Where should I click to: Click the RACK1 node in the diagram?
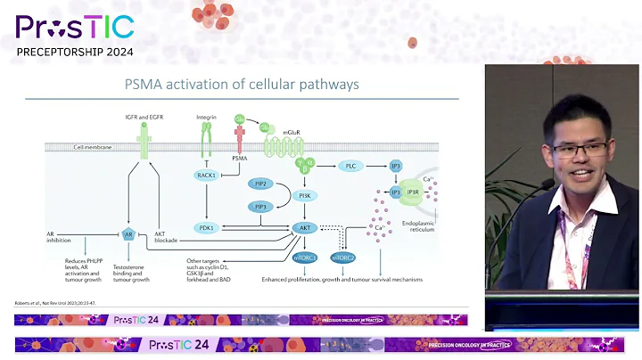(207, 176)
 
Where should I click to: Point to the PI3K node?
(305, 194)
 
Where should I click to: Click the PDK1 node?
(207, 228)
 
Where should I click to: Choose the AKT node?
(305, 228)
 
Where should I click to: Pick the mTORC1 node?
(305, 258)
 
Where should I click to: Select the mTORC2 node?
(344, 258)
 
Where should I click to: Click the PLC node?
(351, 166)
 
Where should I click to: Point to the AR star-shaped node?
(129, 235)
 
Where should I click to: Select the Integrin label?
(208, 118)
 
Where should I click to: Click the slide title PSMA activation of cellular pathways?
(243, 86)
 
